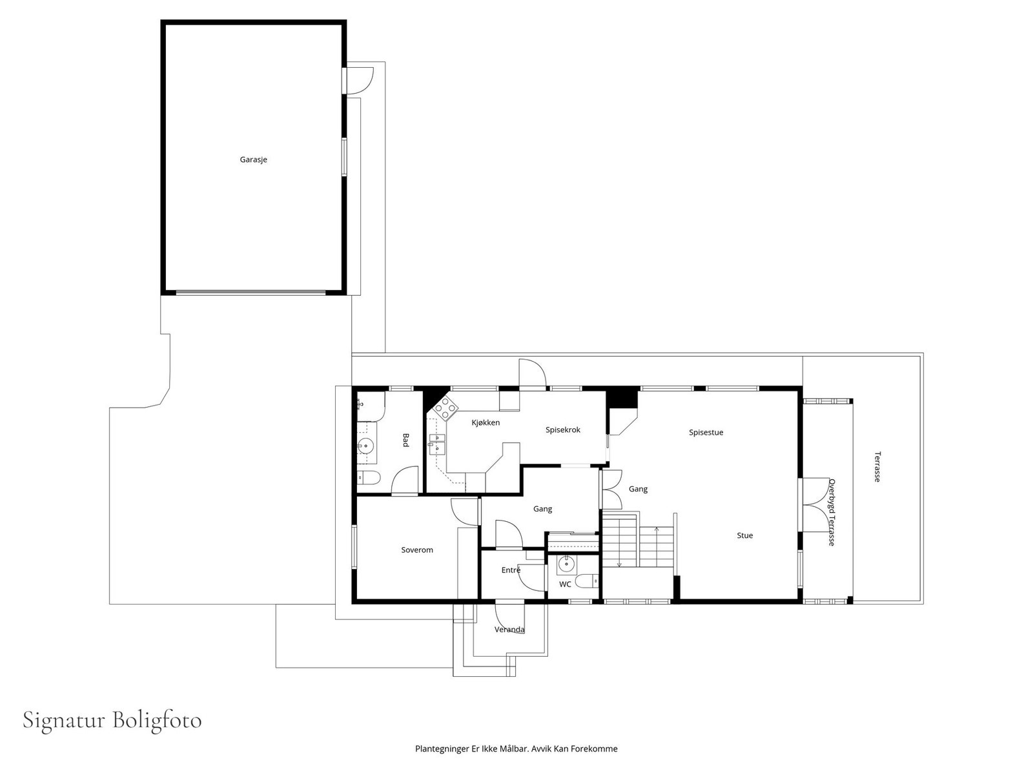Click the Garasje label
253,160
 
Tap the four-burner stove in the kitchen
445,407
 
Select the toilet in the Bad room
369,478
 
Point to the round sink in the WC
566,563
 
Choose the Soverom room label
417,550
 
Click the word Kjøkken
486,422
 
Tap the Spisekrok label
563,429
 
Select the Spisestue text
706,433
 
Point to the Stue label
745,535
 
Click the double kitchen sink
436,446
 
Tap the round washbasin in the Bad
365,445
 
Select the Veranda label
509,630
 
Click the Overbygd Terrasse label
832,512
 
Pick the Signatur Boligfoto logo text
112,721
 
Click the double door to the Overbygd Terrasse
815,505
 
